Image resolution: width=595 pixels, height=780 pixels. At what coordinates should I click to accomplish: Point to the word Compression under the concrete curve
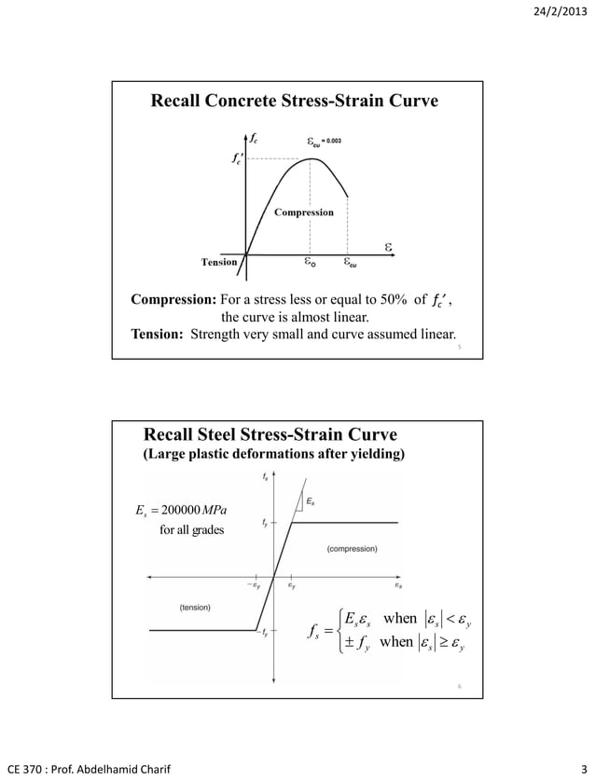[303, 212]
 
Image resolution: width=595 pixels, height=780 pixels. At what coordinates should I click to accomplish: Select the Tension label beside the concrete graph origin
[219, 262]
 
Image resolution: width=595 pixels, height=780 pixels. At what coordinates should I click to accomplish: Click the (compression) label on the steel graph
[352, 550]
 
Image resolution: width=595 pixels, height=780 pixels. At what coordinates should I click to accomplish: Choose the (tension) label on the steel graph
[195, 607]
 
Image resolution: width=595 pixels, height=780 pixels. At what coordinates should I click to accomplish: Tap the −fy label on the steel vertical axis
[264, 634]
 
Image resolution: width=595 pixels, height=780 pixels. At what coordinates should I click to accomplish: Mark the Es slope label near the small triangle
[311, 501]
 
